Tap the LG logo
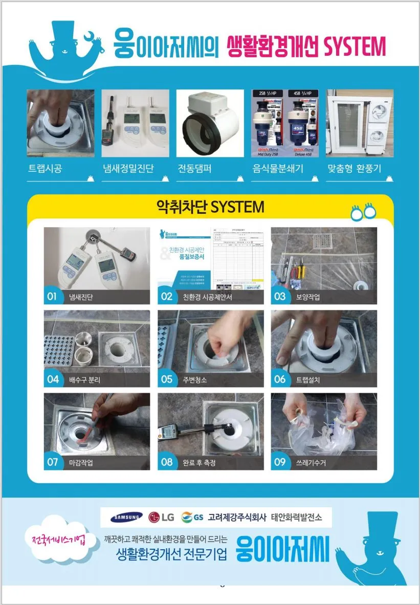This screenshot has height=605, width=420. point(161,517)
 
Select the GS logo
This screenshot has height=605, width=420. point(192,517)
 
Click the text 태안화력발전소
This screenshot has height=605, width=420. point(297,517)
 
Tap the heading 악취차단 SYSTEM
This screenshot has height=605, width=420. point(210,207)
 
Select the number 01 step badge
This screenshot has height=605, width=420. point(52,297)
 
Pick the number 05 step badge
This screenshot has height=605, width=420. point(167,379)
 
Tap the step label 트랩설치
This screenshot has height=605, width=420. point(308,380)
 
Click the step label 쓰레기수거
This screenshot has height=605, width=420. point(311,463)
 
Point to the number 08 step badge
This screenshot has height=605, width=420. point(167,462)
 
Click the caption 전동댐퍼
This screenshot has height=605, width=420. point(194,169)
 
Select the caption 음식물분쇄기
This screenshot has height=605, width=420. point(278,169)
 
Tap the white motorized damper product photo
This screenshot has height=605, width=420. point(210,123)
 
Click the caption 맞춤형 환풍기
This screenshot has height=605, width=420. point(353,169)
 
